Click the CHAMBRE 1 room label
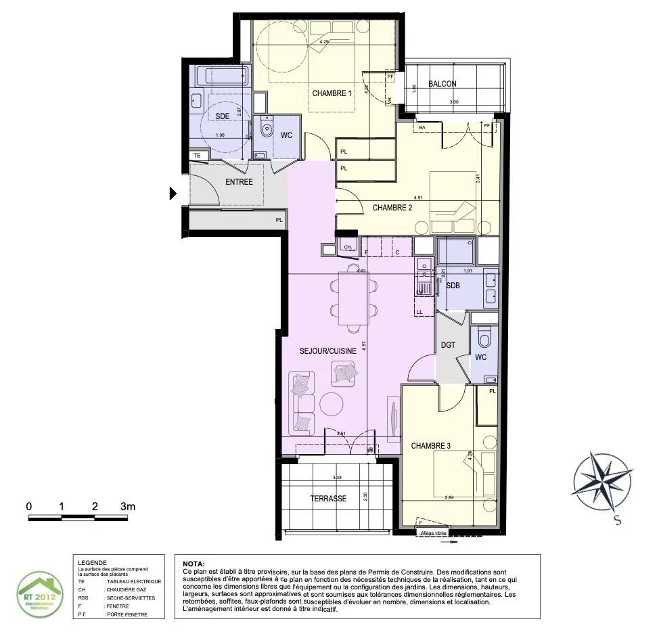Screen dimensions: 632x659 tap(332, 93)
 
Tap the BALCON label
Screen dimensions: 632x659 tap(442, 84)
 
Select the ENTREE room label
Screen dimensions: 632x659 tap(239, 181)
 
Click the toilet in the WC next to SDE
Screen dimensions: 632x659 tap(266, 127)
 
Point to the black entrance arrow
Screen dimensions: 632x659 tap(173, 194)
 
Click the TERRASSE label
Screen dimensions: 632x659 tap(328, 499)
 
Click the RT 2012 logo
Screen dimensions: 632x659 tap(42, 593)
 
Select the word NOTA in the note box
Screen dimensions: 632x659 tap(193, 563)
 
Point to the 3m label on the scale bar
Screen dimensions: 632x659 tap(128, 506)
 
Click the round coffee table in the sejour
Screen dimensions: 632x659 tap(332, 404)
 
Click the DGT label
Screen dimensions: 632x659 tap(448, 344)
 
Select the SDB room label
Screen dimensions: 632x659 tap(453, 286)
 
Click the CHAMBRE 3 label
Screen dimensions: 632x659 tap(431, 446)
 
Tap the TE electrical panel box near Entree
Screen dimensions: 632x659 tap(198, 156)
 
